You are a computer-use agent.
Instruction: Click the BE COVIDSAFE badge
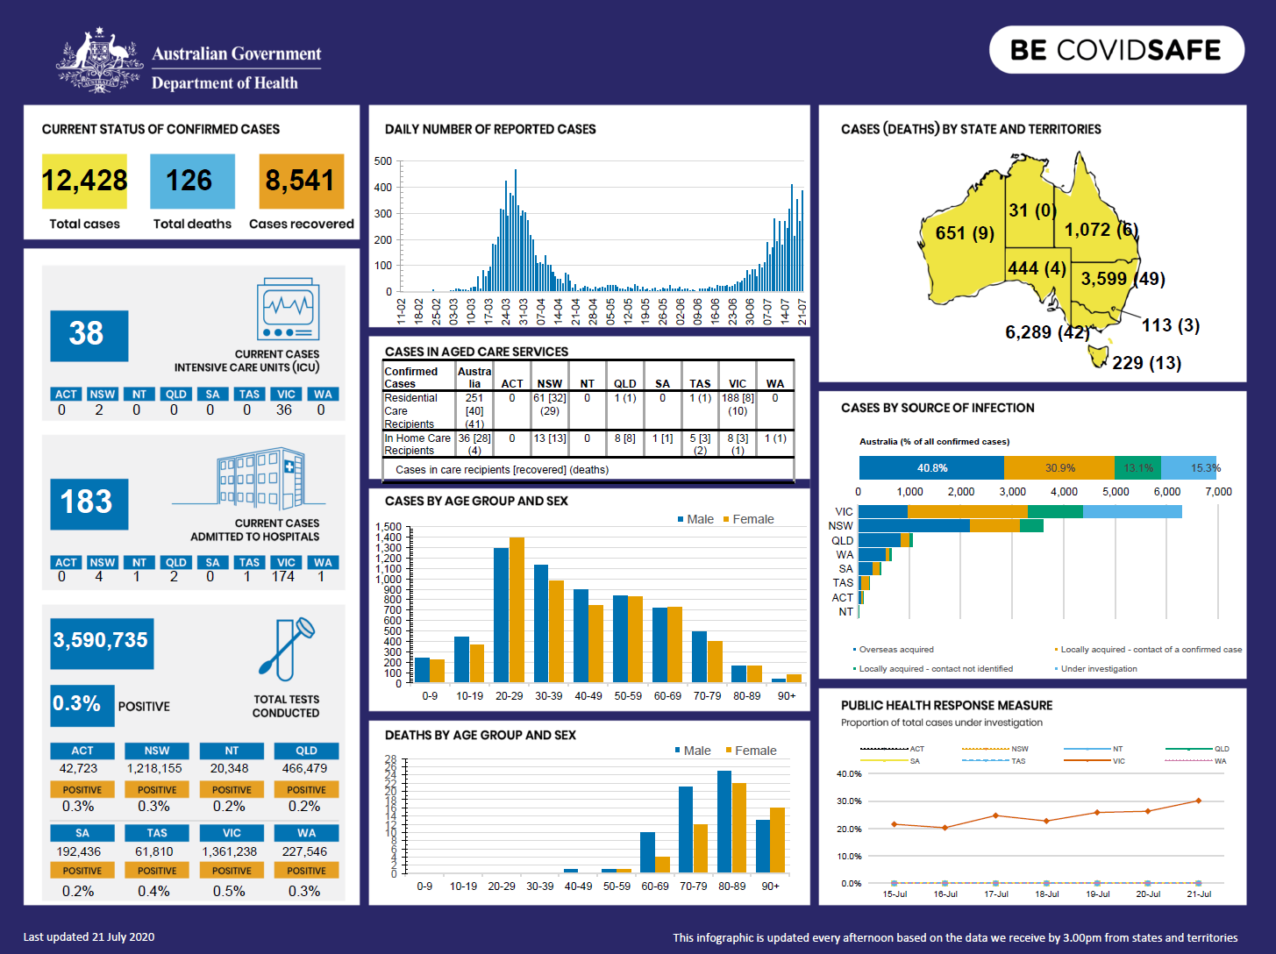tap(1116, 50)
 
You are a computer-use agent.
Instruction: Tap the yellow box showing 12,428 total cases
tap(84, 181)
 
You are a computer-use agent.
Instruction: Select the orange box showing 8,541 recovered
tap(301, 181)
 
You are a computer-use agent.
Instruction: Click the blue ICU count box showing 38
tap(89, 335)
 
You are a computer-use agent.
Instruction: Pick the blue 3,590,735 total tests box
tap(101, 640)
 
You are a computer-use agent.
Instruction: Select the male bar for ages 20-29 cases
tap(501, 614)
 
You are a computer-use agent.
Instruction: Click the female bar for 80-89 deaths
tap(739, 827)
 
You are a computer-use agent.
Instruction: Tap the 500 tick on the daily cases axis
tap(383, 161)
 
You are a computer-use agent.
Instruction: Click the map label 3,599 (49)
tap(1123, 279)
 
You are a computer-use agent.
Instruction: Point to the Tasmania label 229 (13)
tap(1146, 363)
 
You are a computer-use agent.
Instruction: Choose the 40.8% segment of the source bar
tap(931, 468)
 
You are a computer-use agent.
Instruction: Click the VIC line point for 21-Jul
tap(1198, 801)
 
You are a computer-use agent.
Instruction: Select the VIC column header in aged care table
tap(737, 384)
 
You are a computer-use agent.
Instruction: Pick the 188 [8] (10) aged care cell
tap(737, 404)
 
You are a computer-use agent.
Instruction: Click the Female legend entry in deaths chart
tap(751, 751)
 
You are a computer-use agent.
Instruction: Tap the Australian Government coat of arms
tap(100, 61)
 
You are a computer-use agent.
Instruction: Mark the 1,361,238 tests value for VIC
tap(230, 851)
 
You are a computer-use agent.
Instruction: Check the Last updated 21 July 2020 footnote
tap(89, 937)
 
